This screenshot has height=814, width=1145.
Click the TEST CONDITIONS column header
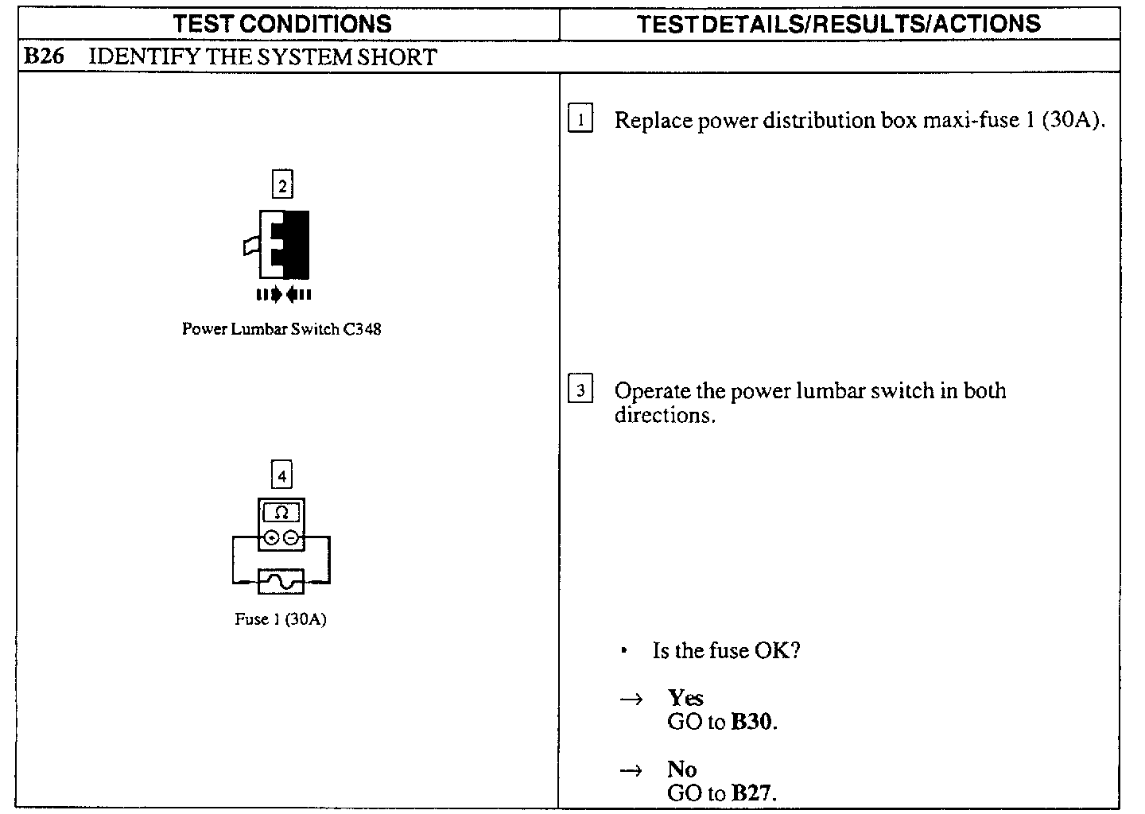tap(282, 24)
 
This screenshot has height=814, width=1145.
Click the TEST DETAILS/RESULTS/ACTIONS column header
tap(839, 24)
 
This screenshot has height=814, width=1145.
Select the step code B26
tap(44, 57)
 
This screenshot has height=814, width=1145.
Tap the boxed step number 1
tap(581, 121)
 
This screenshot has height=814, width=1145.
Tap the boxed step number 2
tap(282, 186)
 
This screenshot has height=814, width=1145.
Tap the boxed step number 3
tap(581, 391)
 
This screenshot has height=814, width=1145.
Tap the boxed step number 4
tap(282, 476)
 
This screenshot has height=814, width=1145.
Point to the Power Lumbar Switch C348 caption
tap(281, 329)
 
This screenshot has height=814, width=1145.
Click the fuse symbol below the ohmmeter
tap(281, 582)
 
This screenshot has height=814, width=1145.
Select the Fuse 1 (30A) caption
tap(281, 619)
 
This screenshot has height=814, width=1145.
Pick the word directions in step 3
tap(663, 416)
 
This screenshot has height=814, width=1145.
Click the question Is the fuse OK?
tap(726, 651)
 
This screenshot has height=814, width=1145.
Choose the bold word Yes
tap(685, 698)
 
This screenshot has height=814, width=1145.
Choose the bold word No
tap(682, 769)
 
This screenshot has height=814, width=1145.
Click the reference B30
tap(752, 722)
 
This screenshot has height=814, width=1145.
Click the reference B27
tap(752, 793)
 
